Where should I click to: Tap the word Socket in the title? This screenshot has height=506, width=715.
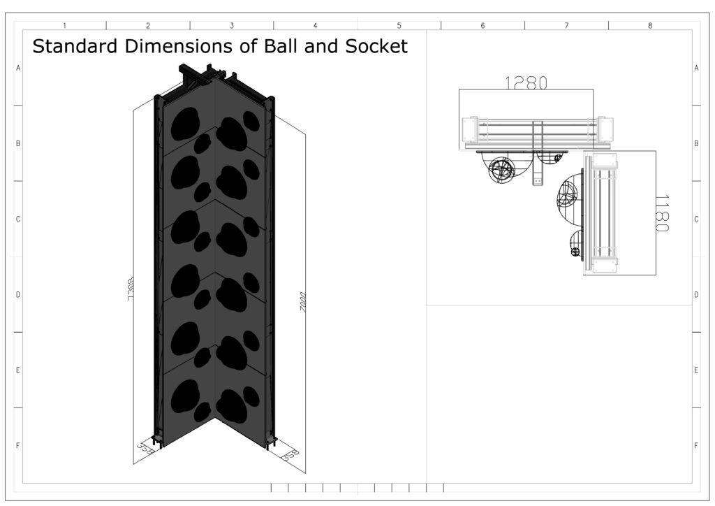(x=373, y=47)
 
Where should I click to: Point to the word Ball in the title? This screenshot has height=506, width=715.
(x=275, y=47)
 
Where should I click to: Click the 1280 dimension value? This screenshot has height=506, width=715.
(x=526, y=82)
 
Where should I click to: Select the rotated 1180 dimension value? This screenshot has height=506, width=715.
(x=663, y=213)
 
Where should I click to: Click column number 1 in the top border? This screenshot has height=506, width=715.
(x=64, y=25)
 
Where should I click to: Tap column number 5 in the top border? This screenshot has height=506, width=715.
(x=399, y=25)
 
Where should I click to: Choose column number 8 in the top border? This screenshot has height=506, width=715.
(x=650, y=25)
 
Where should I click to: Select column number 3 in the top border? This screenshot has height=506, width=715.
(x=232, y=25)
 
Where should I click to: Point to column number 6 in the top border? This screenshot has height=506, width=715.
(x=482, y=25)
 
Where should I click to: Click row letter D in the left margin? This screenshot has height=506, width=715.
(x=17, y=294)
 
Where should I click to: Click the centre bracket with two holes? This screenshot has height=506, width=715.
(x=537, y=171)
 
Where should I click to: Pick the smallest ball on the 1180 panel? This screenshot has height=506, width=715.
(x=576, y=252)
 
